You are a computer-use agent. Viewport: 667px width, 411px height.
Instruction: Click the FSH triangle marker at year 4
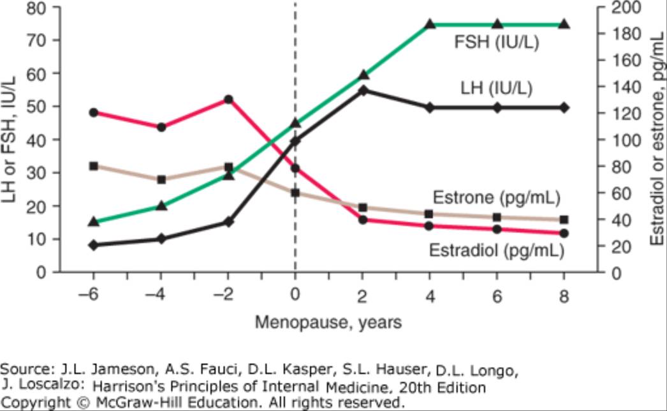pyautogui.click(x=430, y=24)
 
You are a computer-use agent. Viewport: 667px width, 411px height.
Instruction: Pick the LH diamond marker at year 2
pyautogui.click(x=363, y=91)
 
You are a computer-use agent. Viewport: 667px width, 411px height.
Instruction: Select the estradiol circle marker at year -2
pyautogui.click(x=228, y=100)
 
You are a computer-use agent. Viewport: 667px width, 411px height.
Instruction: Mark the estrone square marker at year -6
pyautogui.click(x=94, y=166)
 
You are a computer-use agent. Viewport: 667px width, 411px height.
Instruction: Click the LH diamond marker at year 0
pyautogui.click(x=295, y=140)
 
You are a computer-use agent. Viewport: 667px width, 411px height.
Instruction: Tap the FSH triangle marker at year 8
pyautogui.click(x=564, y=24)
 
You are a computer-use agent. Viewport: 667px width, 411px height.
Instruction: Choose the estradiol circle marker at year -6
pyautogui.click(x=94, y=112)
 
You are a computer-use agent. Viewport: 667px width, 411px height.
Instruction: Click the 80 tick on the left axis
pyautogui.click(x=39, y=8)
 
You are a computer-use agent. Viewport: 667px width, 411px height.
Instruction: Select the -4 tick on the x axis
pyautogui.click(x=161, y=297)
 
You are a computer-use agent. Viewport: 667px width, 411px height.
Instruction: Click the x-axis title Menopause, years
pyautogui.click(x=328, y=322)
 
